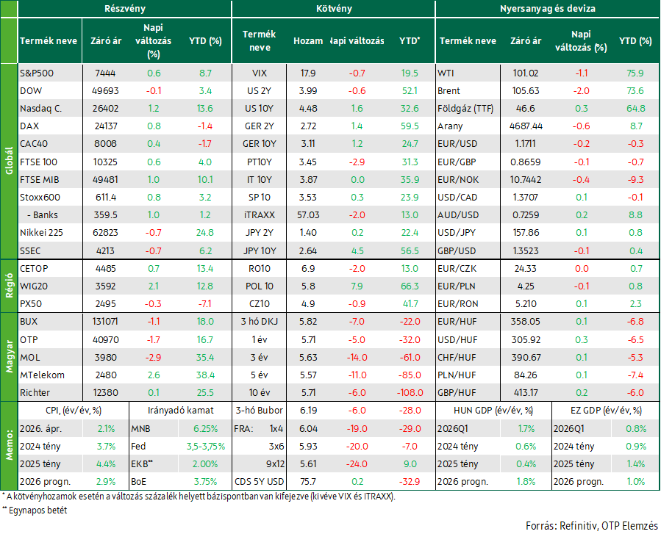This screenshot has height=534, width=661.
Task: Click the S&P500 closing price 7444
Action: pos(105,73)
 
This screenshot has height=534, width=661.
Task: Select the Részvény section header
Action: pos(125,8)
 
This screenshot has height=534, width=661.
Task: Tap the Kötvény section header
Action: pos(334,8)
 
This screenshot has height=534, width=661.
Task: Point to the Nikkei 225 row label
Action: pos(41,232)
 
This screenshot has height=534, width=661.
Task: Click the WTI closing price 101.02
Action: pos(525,73)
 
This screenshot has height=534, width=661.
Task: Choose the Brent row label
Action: pos(449,91)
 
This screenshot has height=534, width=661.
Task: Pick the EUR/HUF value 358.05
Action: pos(525,322)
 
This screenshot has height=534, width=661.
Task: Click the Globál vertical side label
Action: pos(10,161)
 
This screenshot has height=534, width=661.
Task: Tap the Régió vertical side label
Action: pos(10,286)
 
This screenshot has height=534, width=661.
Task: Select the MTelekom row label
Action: pos(42,375)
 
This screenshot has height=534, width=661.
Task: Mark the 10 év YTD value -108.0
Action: pos(410,393)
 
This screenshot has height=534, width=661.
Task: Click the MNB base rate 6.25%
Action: pos(206,429)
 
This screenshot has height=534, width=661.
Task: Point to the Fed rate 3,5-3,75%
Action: pos(206,447)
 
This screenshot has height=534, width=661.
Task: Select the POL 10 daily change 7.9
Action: pos(357,286)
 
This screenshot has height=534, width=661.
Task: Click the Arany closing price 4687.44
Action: pos(526,126)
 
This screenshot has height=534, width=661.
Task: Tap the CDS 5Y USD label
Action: pos(260,482)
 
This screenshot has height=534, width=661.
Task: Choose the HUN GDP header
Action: pos(493,411)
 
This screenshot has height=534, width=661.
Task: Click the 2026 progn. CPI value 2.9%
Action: pos(106,482)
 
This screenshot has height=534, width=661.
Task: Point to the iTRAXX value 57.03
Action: pos(308,215)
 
